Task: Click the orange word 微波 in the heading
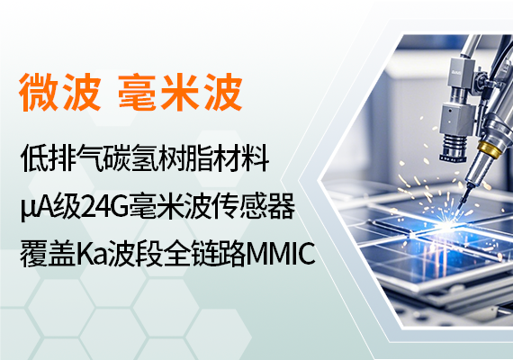point(59,92)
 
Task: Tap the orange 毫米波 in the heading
point(180,92)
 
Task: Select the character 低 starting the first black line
point(33,158)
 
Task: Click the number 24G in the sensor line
point(104,206)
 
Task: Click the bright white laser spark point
point(444,226)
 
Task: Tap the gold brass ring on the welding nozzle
point(490,148)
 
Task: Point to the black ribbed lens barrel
point(454,148)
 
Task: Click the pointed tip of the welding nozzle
point(459,208)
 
